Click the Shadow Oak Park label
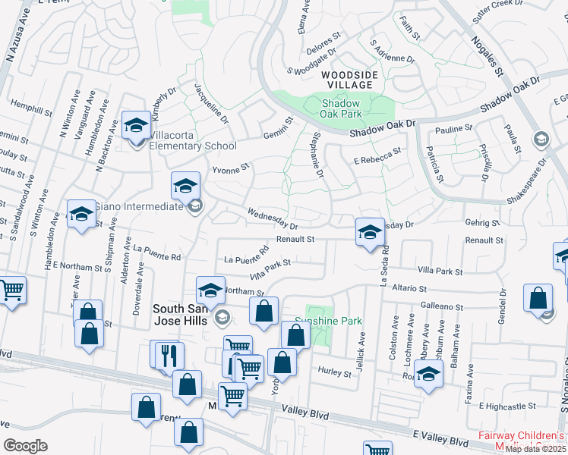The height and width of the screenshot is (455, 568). pos(341,108)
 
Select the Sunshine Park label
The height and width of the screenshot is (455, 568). pos(328,321)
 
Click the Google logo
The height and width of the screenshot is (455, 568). pos(25,446)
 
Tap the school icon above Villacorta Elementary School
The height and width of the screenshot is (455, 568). pos(136,125)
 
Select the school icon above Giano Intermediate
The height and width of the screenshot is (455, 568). pos(185,184)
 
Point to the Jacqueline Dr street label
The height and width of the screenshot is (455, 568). pos(212,103)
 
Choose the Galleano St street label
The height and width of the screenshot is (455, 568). pos(444,306)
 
